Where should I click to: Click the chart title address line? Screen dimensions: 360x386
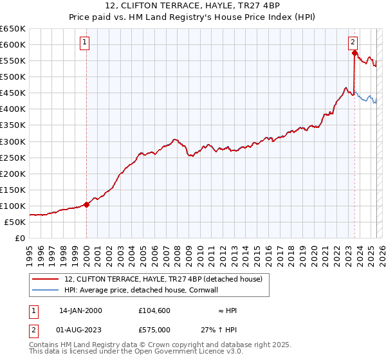coord(193,6)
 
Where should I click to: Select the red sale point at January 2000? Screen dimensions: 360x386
coord(87,204)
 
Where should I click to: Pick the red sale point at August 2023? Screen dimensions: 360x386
coord(354,53)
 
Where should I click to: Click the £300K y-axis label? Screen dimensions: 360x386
coord(13,141)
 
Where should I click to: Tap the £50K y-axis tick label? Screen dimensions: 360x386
coord(15,222)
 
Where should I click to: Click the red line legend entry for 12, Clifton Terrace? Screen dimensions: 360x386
coord(163,280)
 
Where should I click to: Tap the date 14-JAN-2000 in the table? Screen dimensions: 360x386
coord(80,310)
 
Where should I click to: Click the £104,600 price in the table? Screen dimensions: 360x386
coord(154,310)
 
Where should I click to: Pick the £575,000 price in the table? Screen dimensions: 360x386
coord(154,330)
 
